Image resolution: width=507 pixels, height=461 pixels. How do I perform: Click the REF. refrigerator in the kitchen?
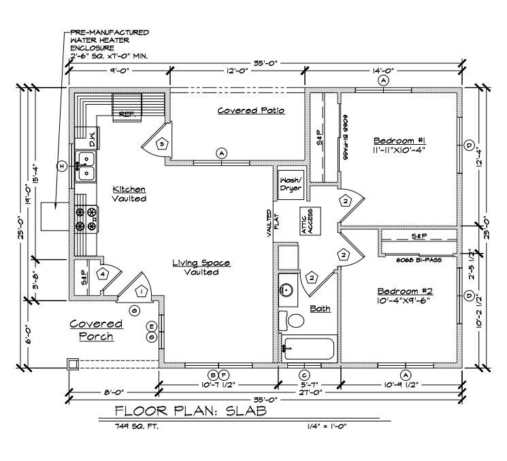pos(127,108)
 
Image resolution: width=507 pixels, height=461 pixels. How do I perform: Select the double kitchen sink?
pos(85,167)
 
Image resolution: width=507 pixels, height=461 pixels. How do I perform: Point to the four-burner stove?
pos(86,219)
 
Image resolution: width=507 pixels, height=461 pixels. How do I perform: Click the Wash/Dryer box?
pos(291,185)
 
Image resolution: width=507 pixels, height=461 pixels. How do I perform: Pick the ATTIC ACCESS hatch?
pos(310,221)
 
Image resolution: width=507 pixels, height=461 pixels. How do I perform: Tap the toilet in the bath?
pos(291,320)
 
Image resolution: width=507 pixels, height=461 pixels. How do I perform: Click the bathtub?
pos(308,349)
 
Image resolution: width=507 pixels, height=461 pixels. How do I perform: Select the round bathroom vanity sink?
pos(286,289)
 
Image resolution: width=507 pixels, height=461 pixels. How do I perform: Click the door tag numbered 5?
pos(162,143)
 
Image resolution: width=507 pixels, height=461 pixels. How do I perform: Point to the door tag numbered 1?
pos(142,292)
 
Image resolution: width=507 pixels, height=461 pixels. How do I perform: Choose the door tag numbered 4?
pos(103,274)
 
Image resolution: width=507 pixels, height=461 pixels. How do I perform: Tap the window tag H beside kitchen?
pos(61,167)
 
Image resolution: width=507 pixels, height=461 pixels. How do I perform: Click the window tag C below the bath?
pos(304,375)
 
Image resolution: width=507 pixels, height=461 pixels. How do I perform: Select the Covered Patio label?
pos(251,110)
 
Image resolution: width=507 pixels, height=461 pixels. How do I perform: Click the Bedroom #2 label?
pos(405,291)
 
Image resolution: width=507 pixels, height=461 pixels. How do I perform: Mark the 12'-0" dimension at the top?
pos(237,71)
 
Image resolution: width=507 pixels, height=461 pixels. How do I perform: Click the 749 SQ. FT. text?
pos(137,426)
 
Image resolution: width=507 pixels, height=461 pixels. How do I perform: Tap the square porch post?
pos(73,364)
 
